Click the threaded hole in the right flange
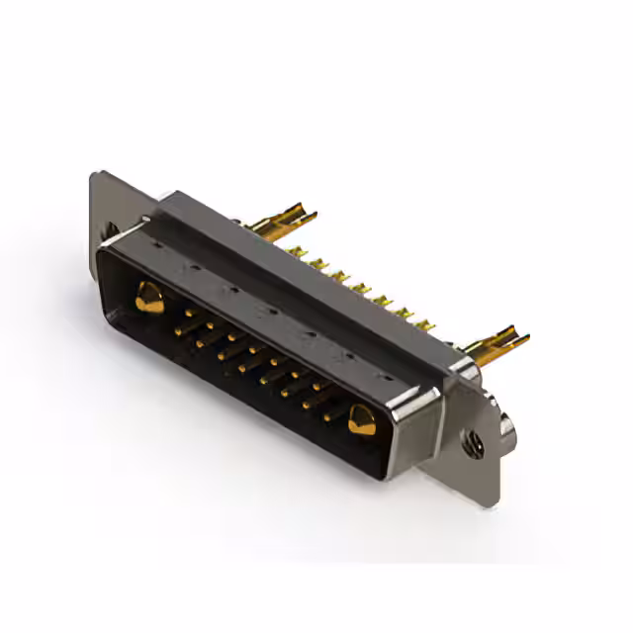[x=476, y=447]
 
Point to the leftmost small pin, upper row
[x=188, y=314]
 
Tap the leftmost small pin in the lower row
[x=201, y=343]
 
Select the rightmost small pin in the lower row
[x=327, y=416]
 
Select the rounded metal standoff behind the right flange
[x=507, y=427]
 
